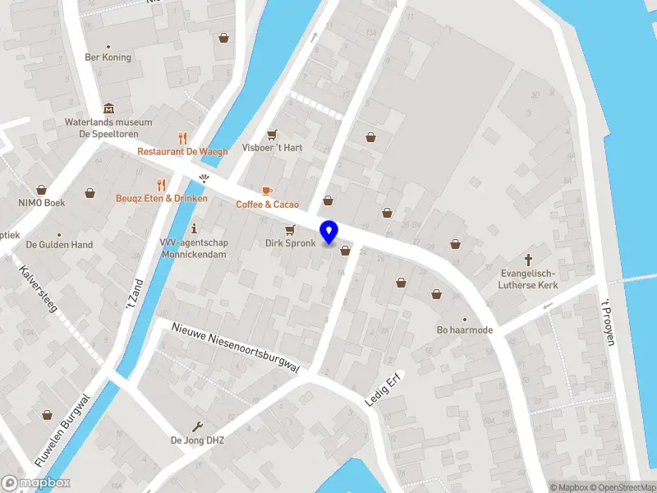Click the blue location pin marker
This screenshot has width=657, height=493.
[x=328, y=233]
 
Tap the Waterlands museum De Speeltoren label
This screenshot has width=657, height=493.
[x=108, y=127]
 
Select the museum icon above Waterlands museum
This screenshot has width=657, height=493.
[x=108, y=108]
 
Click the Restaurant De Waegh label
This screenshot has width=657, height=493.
[x=182, y=151]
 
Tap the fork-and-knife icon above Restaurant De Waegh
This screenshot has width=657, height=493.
[x=182, y=138]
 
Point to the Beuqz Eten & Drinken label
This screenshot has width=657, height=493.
[x=161, y=198]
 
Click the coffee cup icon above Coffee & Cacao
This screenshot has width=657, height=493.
[x=267, y=191]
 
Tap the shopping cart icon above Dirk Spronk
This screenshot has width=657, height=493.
[x=289, y=230]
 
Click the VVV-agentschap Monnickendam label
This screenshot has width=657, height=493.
[x=194, y=248]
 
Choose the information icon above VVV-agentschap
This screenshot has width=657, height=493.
[x=194, y=228]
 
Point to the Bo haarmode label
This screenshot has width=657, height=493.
[x=464, y=331]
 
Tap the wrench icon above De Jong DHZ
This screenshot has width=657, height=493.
[x=197, y=426]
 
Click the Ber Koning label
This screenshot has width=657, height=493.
[x=108, y=58]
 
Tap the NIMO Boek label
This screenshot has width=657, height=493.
[x=42, y=202]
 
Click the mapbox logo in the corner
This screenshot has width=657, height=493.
[x=36, y=483]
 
